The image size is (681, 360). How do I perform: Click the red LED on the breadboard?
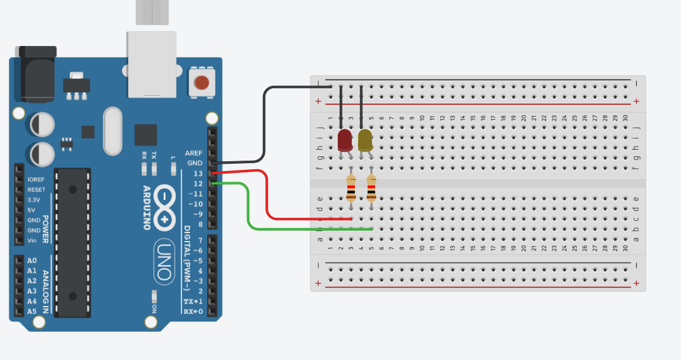tap(344, 140)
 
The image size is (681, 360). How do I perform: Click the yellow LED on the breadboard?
tap(365, 140)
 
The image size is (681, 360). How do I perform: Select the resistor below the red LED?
tap(351, 188)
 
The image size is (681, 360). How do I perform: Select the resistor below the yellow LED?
tap(371, 188)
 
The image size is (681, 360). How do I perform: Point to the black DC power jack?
tap(38, 74)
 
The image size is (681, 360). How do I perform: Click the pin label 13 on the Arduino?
tap(197, 174)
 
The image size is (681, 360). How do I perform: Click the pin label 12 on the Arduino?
tap(197, 183)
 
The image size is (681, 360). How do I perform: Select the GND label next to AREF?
tap(195, 163)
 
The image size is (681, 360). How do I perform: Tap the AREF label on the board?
tap(194, 153)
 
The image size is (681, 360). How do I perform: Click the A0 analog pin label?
tap(32, 261)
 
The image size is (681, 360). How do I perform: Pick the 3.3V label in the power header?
tap(34, 200)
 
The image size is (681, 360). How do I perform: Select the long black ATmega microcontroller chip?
tap(72, 242)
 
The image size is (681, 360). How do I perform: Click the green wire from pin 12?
tap(248, 209)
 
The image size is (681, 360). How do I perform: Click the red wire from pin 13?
tap(268, 196)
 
